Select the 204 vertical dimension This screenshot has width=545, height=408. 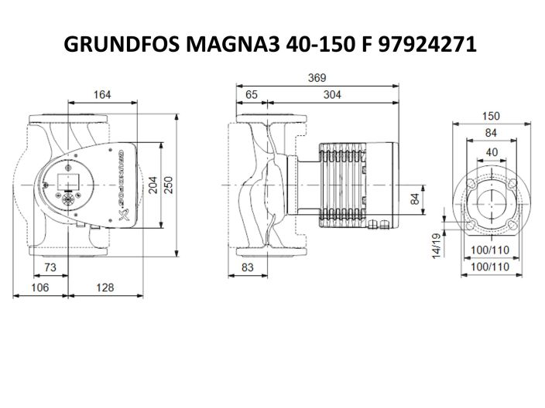point(153,186)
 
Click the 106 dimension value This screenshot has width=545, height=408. point(39,287)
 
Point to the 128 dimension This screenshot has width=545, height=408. point(105,287)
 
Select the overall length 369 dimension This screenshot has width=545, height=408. point(317,78)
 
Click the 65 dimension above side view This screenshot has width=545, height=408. point(252,94)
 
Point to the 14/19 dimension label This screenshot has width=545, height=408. point(436,246)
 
